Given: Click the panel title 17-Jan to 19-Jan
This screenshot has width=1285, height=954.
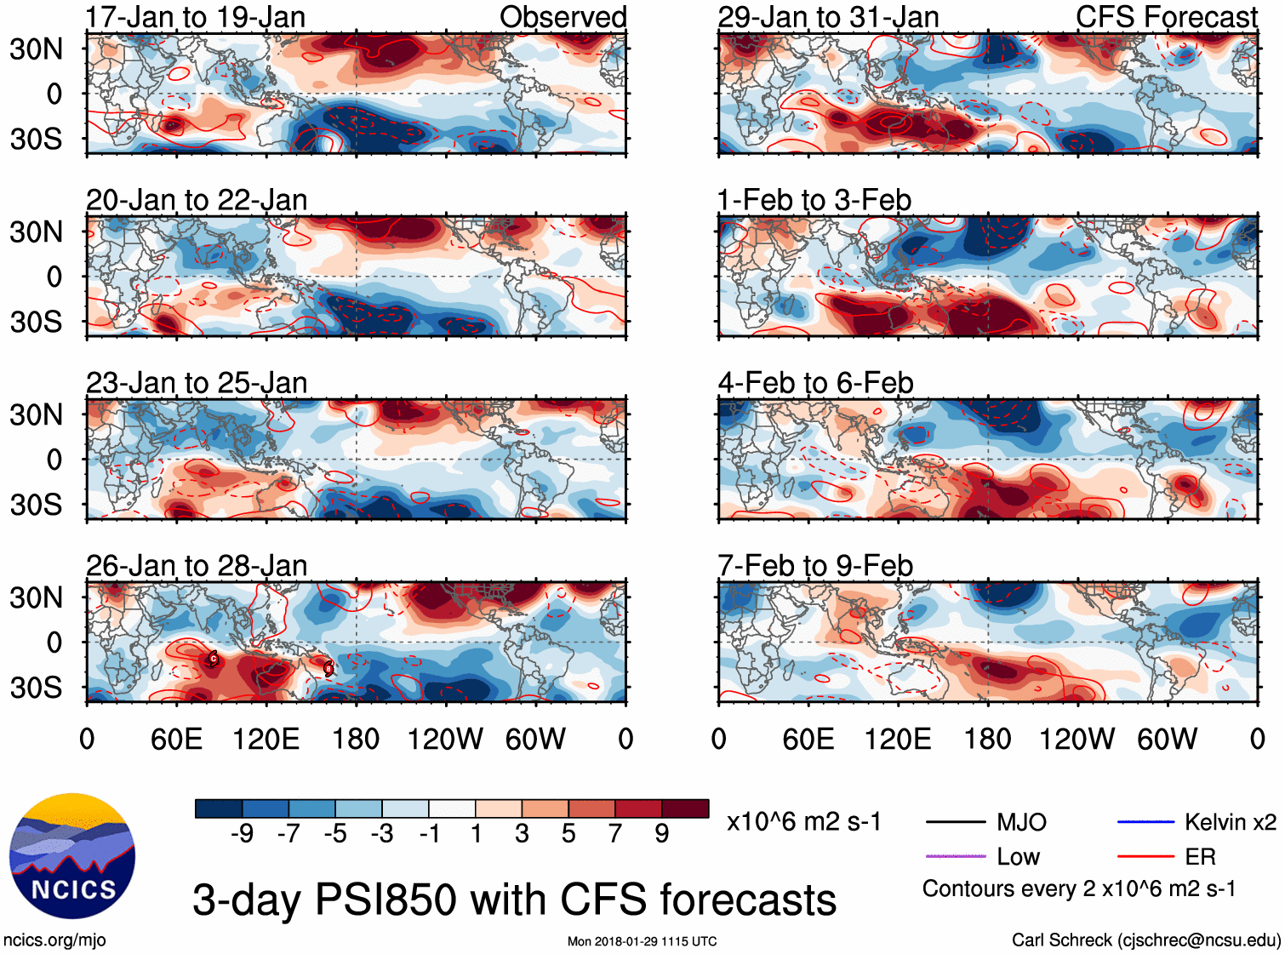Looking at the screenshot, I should coord(196,17).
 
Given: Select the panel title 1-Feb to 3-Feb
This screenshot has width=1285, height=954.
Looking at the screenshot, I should coord(814,201).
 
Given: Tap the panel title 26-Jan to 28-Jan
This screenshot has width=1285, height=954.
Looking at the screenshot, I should coord(197,566).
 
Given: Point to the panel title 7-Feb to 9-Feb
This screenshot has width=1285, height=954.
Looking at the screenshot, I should coord(815,566).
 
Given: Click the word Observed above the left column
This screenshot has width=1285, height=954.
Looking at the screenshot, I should coord(563,17).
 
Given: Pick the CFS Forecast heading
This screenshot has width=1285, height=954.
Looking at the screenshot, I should coord(1166,17).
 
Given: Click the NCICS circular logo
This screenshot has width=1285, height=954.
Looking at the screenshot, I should coord(72,856).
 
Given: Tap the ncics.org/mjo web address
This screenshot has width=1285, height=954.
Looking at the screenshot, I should coord(54,940).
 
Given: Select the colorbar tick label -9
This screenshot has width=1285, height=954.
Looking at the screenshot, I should coord(242,834).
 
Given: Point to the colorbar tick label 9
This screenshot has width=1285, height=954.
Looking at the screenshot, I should coord(662,834).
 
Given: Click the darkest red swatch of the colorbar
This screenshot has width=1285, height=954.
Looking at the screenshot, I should coord(685,808).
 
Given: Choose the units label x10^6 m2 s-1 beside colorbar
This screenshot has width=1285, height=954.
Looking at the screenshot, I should coord(803,822).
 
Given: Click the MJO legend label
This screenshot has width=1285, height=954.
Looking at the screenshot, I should coord(1021,822).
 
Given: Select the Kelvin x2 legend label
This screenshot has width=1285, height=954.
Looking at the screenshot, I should coord(1230,822).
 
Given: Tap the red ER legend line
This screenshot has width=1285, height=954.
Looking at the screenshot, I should coord(1145,856).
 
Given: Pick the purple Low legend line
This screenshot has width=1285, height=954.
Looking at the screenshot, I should coord(956,856).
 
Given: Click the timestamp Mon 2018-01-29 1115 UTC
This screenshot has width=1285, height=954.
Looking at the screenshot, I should coord(642,941).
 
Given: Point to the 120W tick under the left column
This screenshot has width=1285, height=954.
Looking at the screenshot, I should coord(445,739).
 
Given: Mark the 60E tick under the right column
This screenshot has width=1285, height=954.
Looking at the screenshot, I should coord(808,739).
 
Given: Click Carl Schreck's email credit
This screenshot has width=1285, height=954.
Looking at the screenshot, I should coord(1145,940).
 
